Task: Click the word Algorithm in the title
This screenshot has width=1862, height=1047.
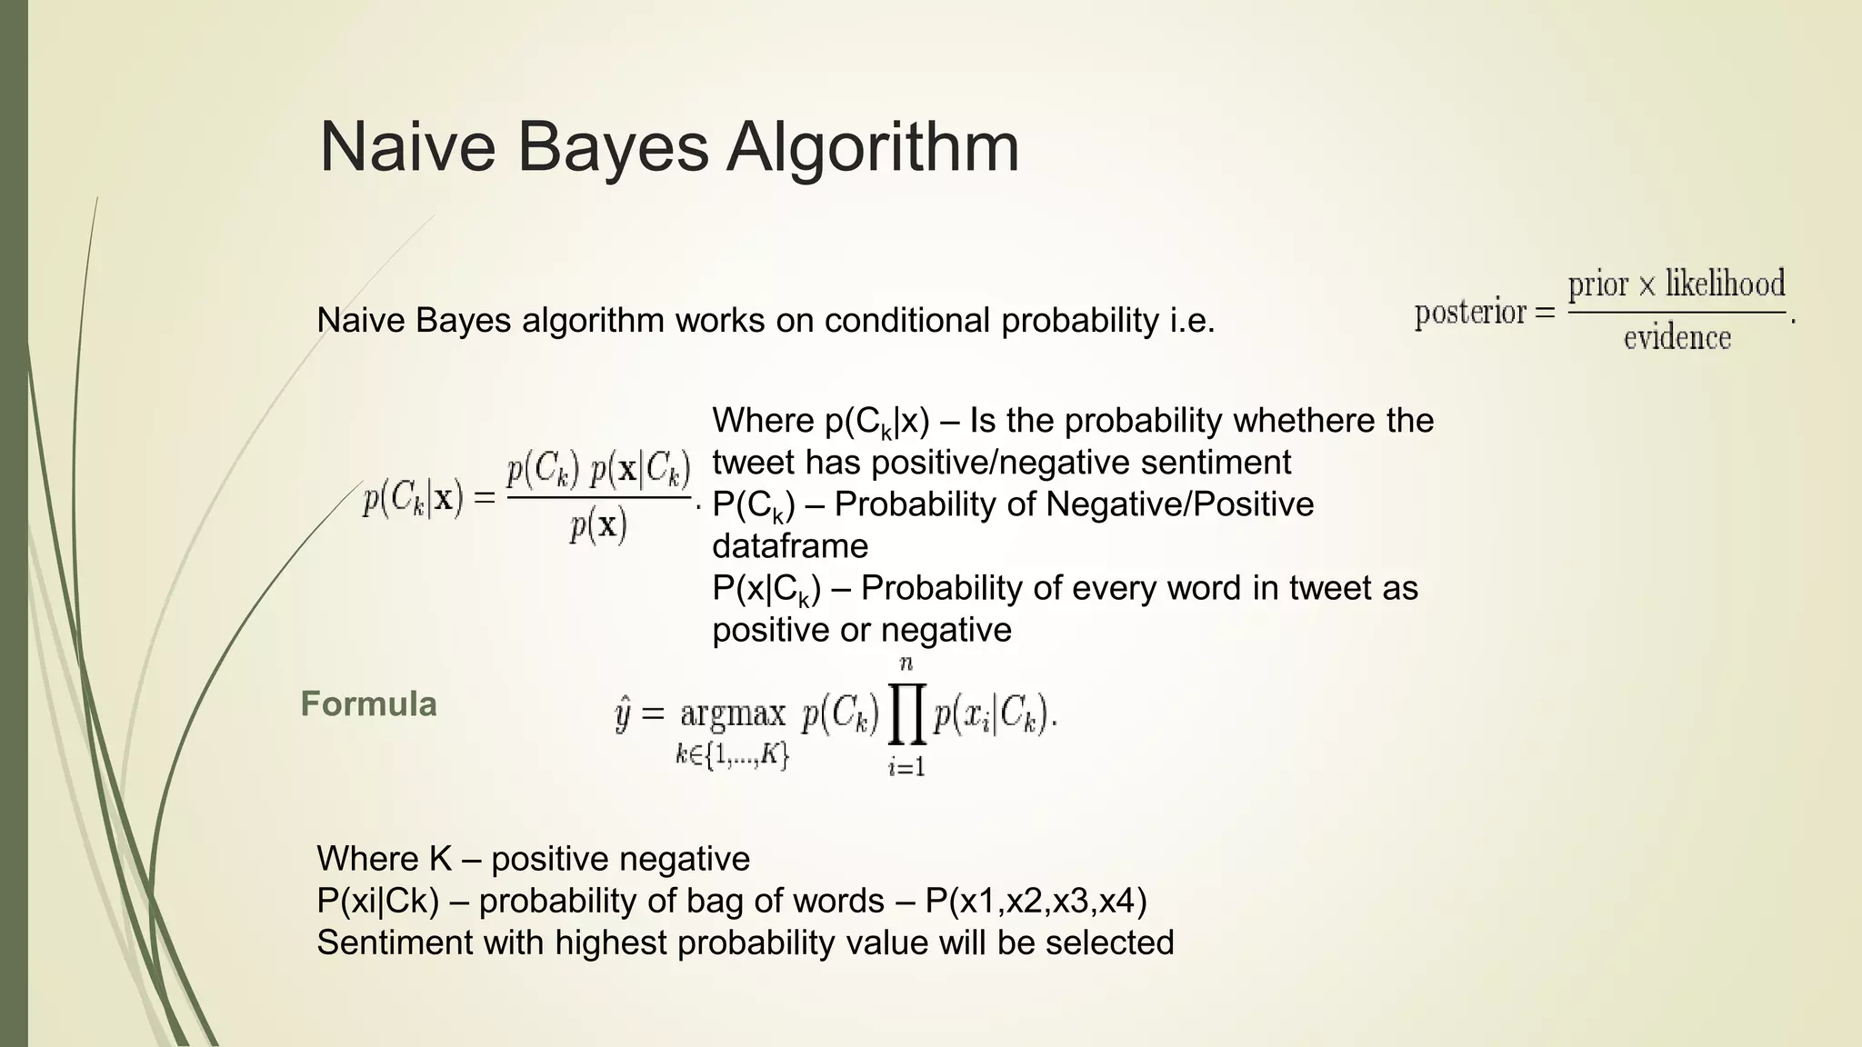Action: coord(872,147)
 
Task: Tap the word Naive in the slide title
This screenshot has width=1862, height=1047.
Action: coord(407,147)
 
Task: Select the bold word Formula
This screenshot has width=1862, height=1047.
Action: coord(368,704)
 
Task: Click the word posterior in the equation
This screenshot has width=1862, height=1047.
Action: coord(1470,313)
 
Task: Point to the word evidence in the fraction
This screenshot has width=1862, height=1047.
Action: coord(1677,338)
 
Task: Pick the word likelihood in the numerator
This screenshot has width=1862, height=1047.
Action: coord(1725,284)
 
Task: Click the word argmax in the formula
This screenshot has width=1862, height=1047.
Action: coord(733,714)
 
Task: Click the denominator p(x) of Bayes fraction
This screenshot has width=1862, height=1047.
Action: coord(597,525)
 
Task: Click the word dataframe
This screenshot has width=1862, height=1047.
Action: coord(790,546)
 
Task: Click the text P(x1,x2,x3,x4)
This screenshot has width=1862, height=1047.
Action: coord(1036,901)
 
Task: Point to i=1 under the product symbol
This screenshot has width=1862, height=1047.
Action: coord(906,767)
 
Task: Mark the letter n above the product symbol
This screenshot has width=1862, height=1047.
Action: coord(906,664)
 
